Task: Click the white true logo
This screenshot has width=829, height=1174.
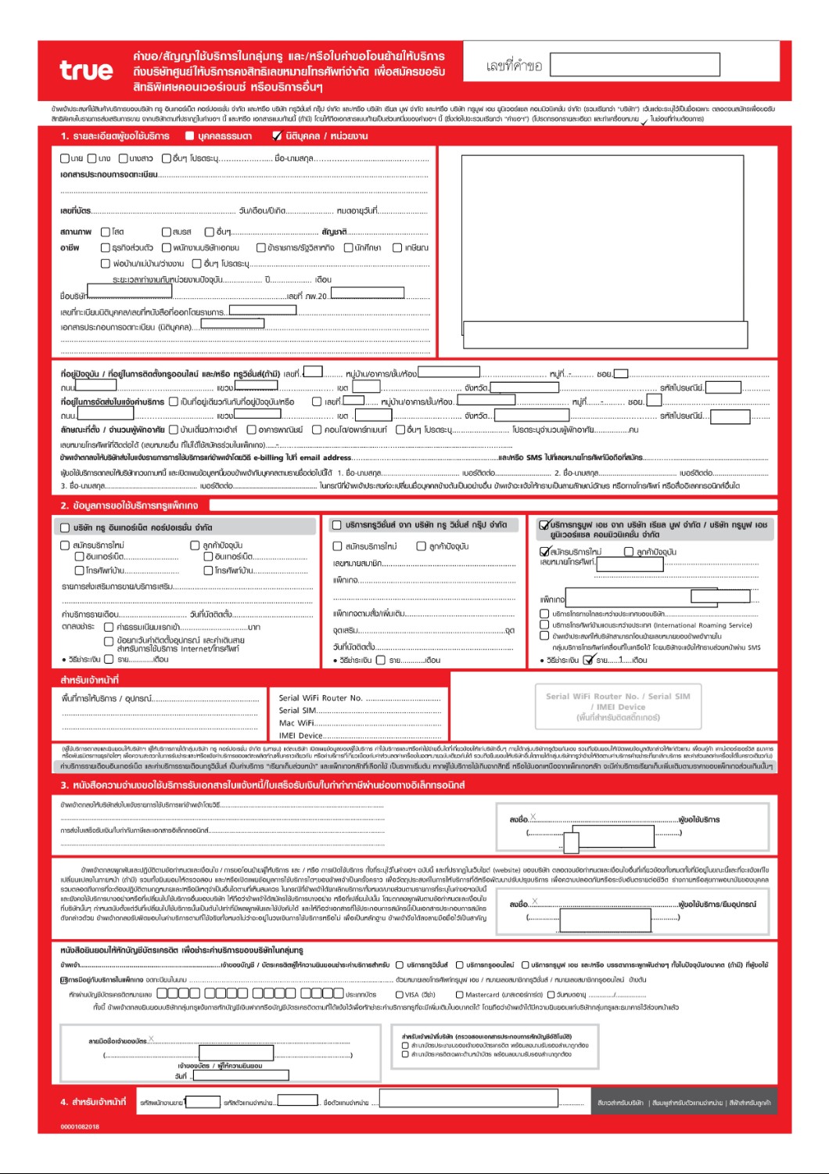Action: [x=86, y=70]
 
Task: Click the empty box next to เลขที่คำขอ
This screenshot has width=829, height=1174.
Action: [x=634, y=64]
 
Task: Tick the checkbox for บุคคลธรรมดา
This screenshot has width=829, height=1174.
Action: [x=189, y=136]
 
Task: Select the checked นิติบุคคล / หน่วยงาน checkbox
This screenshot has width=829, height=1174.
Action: [x=277, y=136]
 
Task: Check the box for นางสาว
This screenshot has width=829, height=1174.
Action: [x=123, y=158]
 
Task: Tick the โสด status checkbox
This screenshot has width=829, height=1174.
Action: [x=106, y=232]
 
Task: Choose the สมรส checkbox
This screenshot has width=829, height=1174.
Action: [x=167, y=232]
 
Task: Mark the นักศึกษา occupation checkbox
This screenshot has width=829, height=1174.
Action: [x=349, y=247]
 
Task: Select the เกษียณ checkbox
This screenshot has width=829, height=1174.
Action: [x=397, y=247]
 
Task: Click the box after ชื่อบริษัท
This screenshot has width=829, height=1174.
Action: [x=130, y=291]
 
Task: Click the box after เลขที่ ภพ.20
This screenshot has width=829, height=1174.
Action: [x=368, y=293]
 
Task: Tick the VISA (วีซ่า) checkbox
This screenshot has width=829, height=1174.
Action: [x=400, y=995]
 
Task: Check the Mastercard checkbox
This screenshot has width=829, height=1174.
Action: [x=460, y=995]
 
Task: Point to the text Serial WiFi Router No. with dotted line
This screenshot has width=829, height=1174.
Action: [x=360, y=698]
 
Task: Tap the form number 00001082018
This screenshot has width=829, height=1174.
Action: [x=80, y=1127]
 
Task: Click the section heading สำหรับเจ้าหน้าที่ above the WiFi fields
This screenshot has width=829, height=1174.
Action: [x=90, y=680]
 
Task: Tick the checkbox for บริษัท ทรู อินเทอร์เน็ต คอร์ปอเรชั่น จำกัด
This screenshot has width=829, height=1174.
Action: [x=66, y=528]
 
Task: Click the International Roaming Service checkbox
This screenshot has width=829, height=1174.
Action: [x=544, y=625]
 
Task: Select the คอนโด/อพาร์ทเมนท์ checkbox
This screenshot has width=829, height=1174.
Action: [x=317, y=430]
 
